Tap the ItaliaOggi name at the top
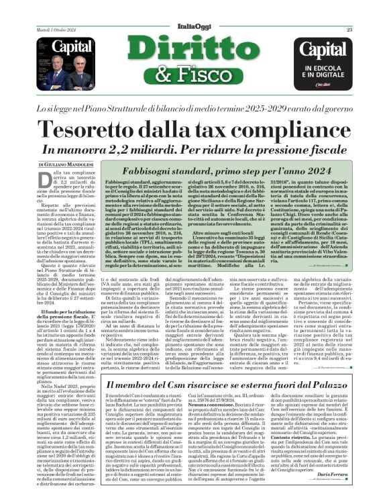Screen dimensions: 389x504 point(194,26)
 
